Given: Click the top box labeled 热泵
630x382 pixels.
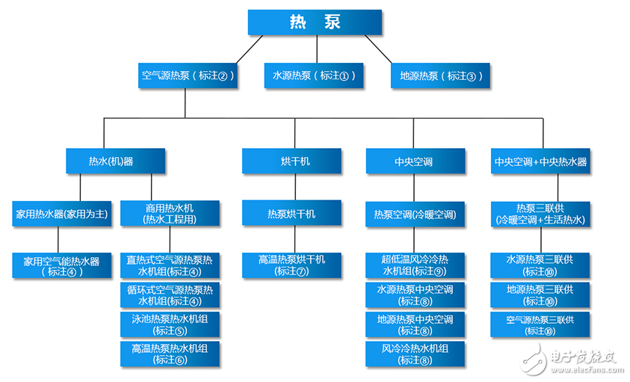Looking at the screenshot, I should pyautogui.click(x=315, y=22).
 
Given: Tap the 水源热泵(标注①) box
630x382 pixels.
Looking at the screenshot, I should pyautogui.click(x=314, y=76).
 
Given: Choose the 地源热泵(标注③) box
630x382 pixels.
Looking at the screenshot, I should pyautogui.click(x=442, y=76).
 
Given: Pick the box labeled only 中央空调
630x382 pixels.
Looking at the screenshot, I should pyautogui.click(x=415, y=161).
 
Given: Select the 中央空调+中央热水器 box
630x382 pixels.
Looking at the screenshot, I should pyautogui.click(x=540, y=161).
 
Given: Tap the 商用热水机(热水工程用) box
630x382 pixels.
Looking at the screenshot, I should pyautogui.click(x=170, y=214).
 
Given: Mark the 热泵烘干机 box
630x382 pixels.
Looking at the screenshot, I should pyautogui.click(x=291, y=214).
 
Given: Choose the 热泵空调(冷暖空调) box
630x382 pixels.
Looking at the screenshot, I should pyautogui.click(x=415, y=214).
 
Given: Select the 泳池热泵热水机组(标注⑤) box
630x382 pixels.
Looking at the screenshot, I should pyautogui.click(x=170, y=324).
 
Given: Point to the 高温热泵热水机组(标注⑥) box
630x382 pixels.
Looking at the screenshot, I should pyautogui.click(x=170, y=353).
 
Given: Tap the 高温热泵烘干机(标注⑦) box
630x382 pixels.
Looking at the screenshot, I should pyautogui.click(x=291, y=265).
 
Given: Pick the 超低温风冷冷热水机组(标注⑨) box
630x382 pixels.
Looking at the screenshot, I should pyautogui.click(x=415, y=265).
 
